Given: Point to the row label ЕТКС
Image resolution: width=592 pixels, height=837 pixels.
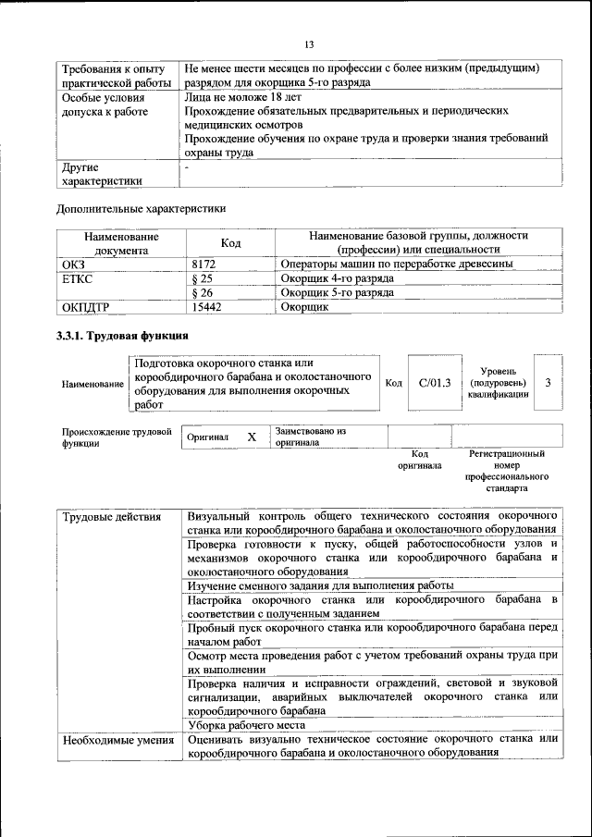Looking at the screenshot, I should click(78, 278).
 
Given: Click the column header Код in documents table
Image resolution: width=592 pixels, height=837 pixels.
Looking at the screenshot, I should click(230, 242).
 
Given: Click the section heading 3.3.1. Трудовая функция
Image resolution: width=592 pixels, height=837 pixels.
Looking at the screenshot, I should click(123, 335).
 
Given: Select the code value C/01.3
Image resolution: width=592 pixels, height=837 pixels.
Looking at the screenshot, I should click(434, 383).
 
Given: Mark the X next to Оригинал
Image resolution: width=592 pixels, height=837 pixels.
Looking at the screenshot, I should click(251, 436).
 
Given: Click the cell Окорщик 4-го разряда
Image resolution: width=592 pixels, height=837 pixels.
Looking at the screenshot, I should click(337, 278).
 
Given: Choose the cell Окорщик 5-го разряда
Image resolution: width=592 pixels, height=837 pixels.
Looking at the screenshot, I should click(337, 292).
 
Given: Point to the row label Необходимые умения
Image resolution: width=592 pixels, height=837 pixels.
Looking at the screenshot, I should click(117, 740).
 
